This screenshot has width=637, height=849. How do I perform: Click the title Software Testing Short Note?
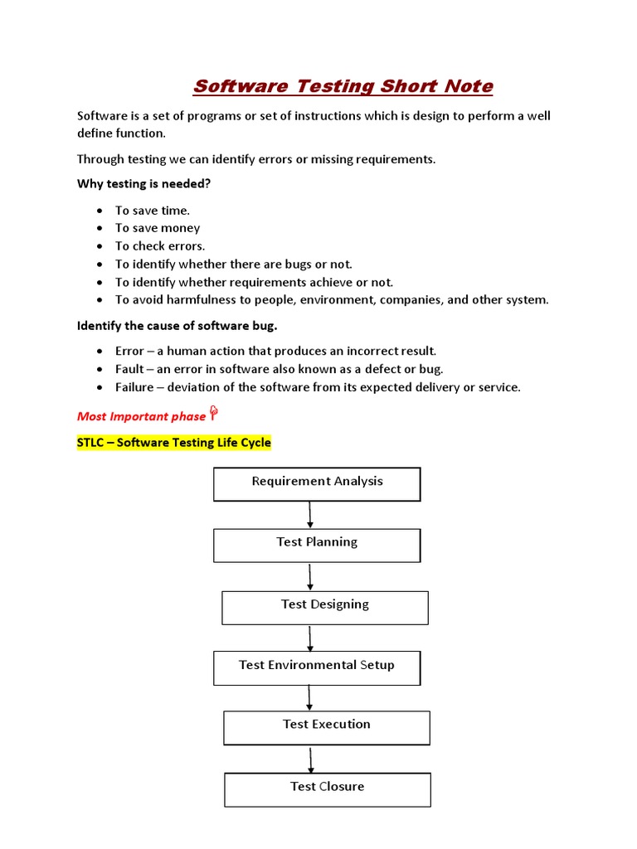(x=343, y=86)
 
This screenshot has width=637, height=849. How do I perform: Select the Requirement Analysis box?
(x=317, y=484)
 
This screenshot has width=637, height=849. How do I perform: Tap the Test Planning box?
(x=317, y=545)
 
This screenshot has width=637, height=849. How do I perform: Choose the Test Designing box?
(x=324, y=607)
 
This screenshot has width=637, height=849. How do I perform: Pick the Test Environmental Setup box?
(x=317, y=667)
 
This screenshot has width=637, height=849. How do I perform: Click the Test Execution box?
(x=326, y=727)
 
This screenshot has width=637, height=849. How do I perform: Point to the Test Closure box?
(x=327, y=789)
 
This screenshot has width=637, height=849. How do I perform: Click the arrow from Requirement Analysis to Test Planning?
(x=310, y=515)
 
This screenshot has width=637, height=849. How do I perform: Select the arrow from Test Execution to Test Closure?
(x=311, y=759)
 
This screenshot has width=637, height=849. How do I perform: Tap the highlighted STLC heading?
(x=173, y=443)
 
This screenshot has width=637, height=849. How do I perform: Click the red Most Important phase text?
(x=141, y=416)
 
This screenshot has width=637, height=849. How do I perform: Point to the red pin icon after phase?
(x=213, y=414)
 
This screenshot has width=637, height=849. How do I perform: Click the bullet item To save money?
(x=158, y=228)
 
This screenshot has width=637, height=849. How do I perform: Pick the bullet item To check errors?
(x=160, y=246)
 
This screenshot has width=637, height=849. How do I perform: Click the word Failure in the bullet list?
(x=134, y=387)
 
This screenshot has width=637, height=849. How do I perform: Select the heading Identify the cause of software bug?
(x=177, y=325)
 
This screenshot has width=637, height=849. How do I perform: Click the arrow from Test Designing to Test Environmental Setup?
(x=310, y=638)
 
